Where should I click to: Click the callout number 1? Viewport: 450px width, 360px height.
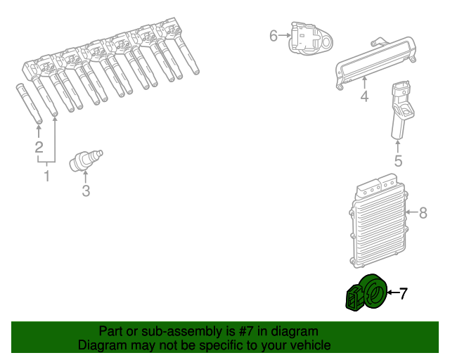[47, 176]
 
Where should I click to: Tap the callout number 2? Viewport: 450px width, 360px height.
[39, 147]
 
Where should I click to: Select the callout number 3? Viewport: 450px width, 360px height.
[86, 191]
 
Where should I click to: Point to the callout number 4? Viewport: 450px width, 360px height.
[364, 96]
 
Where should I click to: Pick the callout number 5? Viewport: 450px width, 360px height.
[398, 161]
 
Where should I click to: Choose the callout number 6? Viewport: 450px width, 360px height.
[274, 36]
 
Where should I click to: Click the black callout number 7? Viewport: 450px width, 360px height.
[403, 293]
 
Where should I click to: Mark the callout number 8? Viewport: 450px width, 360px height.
[423, 213]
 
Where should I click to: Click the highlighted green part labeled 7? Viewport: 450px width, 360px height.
[366, 292]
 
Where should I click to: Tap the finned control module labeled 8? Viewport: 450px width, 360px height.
[378, 221]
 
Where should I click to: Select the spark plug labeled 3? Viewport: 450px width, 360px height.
[86, 161]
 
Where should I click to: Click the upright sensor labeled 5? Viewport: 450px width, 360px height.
[401, 110]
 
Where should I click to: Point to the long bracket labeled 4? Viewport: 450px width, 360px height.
[375, 63]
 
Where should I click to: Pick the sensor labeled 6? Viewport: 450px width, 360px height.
[310, 39]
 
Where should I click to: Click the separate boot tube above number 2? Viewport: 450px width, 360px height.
[30, 104]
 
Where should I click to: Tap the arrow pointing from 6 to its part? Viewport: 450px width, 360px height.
[285, 35]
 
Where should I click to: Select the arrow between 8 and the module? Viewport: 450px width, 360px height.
[412, 212]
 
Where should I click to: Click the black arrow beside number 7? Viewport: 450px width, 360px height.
[393, 292]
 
